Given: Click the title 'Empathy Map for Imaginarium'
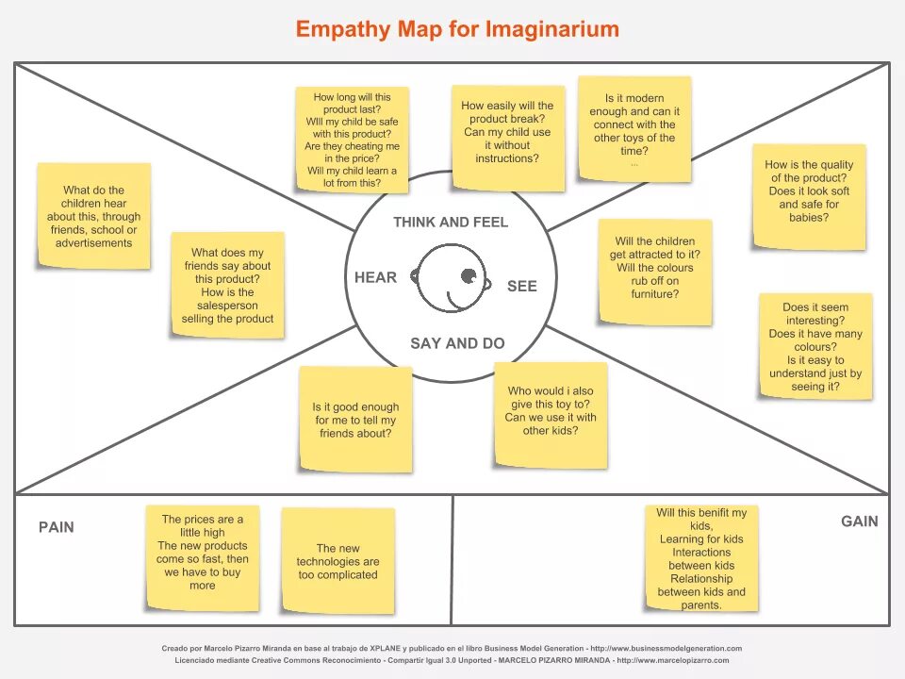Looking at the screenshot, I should [457, 29].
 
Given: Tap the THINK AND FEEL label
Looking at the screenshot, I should [451, 223].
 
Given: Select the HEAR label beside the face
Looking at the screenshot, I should [375, 277].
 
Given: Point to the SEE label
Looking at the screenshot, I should [521, 286].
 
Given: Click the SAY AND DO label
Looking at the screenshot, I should [457, 343].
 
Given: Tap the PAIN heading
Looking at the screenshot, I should [56, 527].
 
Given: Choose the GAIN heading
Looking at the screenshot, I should [859, 522].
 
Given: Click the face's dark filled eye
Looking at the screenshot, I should [469, 275].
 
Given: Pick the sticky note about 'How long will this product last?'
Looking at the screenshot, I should [352, 140].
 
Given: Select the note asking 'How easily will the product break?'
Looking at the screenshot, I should [507, 137].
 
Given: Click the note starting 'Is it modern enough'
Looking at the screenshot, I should [634, 127].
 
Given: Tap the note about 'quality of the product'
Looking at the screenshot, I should [809, 196].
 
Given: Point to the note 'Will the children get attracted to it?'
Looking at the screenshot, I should [655, 272].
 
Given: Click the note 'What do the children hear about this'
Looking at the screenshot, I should [93, 216].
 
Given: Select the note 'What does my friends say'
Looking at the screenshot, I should [227, 285].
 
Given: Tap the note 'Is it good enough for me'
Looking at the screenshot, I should [355, 419].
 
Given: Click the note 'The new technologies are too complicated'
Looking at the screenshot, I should [337, 560].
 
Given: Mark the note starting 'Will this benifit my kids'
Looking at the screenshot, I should [701, 557].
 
